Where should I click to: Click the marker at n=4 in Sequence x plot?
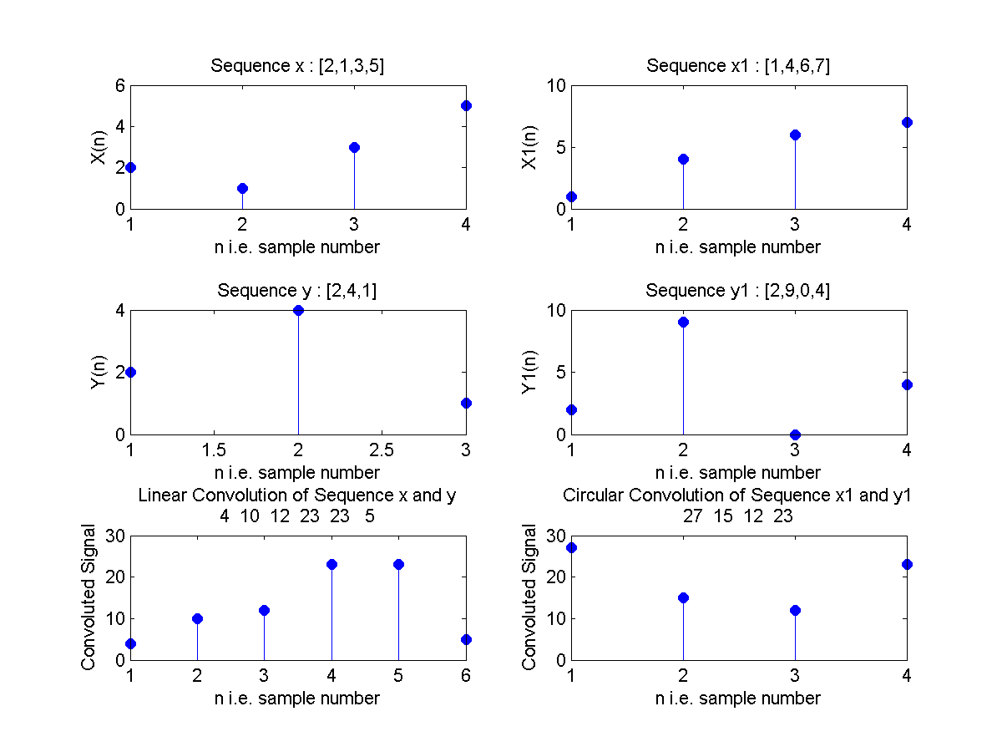(466, 105)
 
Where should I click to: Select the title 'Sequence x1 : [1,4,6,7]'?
(738, 66)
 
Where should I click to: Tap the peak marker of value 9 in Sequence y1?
(683, 322)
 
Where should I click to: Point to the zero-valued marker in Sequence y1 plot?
(795, 434)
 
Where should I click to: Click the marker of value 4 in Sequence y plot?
(298, 310)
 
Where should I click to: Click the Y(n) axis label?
(99, 372)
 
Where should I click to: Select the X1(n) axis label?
(529, 147)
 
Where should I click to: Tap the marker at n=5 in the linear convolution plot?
(398, 564)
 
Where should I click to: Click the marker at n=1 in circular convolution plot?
(571, 547)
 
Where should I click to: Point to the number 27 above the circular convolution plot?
(693, 516)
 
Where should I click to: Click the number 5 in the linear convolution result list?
(369, 516)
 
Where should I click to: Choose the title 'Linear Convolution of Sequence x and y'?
(297, 495)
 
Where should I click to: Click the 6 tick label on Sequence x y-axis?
(119, 85)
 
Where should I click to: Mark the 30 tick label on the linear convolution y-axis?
(115, 536)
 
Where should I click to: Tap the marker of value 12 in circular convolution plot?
(795, 610)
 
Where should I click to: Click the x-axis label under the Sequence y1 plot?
(738, 472)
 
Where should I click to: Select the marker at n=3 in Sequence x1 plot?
(795, 135)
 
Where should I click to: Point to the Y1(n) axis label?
(529, 372)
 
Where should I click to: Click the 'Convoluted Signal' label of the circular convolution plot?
(529, 597)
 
